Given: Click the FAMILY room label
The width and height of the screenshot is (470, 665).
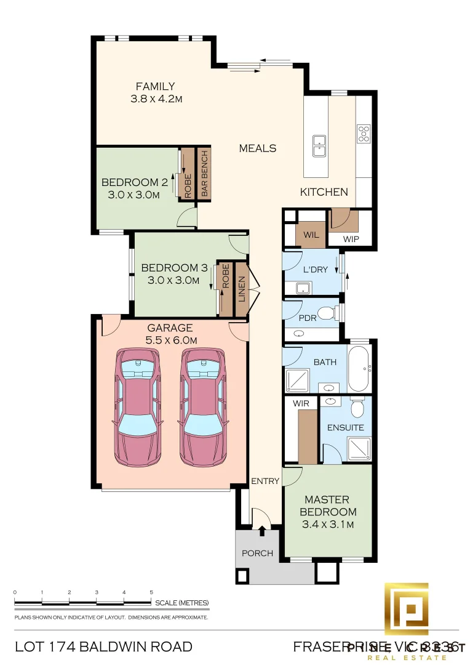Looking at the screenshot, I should (155, 87).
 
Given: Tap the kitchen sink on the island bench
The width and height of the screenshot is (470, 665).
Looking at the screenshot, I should (319, 146).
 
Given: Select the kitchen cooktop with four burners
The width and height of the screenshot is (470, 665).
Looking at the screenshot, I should (364, 133).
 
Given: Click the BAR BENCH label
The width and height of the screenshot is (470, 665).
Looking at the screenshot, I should (204, 173).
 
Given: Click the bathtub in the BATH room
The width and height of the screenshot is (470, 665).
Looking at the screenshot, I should (359, 369).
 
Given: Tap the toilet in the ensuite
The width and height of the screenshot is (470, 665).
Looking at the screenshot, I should (357, 407).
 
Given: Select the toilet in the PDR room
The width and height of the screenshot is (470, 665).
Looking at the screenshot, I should (327, 314).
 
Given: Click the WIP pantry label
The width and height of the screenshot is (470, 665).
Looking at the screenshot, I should (351, 239).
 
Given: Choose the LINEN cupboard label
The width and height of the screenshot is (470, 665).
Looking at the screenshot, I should (241, 289).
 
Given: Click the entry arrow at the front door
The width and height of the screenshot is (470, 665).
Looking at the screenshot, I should (263, 530).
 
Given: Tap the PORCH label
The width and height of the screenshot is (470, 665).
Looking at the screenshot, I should (257, 553).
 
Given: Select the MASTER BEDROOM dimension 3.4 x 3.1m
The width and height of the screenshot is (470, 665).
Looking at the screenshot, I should (327, 525).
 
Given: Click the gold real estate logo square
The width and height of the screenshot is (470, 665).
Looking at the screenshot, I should (407, 609).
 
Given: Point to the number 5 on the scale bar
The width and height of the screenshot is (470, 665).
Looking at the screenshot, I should (151, 592).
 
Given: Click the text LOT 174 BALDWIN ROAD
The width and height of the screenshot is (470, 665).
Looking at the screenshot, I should (103, 647).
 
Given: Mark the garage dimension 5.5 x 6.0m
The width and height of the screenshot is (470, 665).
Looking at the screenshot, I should (172, 340).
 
